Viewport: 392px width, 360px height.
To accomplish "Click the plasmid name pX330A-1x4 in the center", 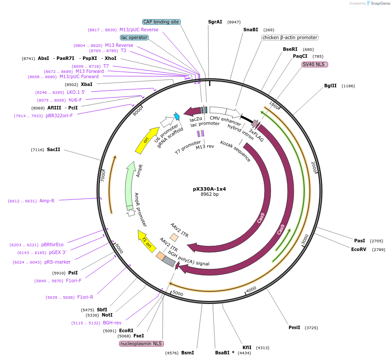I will coord(209,189).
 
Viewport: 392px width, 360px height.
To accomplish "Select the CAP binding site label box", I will coord(161,22).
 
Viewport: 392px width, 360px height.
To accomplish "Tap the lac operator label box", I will coord(134,37).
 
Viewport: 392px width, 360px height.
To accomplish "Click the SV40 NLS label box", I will coord(315,64).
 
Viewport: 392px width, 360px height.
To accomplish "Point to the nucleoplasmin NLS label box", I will coord(141,343).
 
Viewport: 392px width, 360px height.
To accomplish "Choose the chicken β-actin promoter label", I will coord(289,37).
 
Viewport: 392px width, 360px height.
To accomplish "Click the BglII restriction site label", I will coord(330,86).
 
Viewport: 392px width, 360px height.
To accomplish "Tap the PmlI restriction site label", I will coord(294,327).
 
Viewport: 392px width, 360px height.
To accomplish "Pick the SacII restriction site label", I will coord(53,149).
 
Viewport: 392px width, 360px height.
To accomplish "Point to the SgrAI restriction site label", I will coord(215,22).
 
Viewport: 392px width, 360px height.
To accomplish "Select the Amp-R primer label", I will coord(47,201).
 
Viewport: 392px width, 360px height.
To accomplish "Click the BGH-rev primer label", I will coord(112,323).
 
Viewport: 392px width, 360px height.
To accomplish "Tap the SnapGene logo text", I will coord(379,3).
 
